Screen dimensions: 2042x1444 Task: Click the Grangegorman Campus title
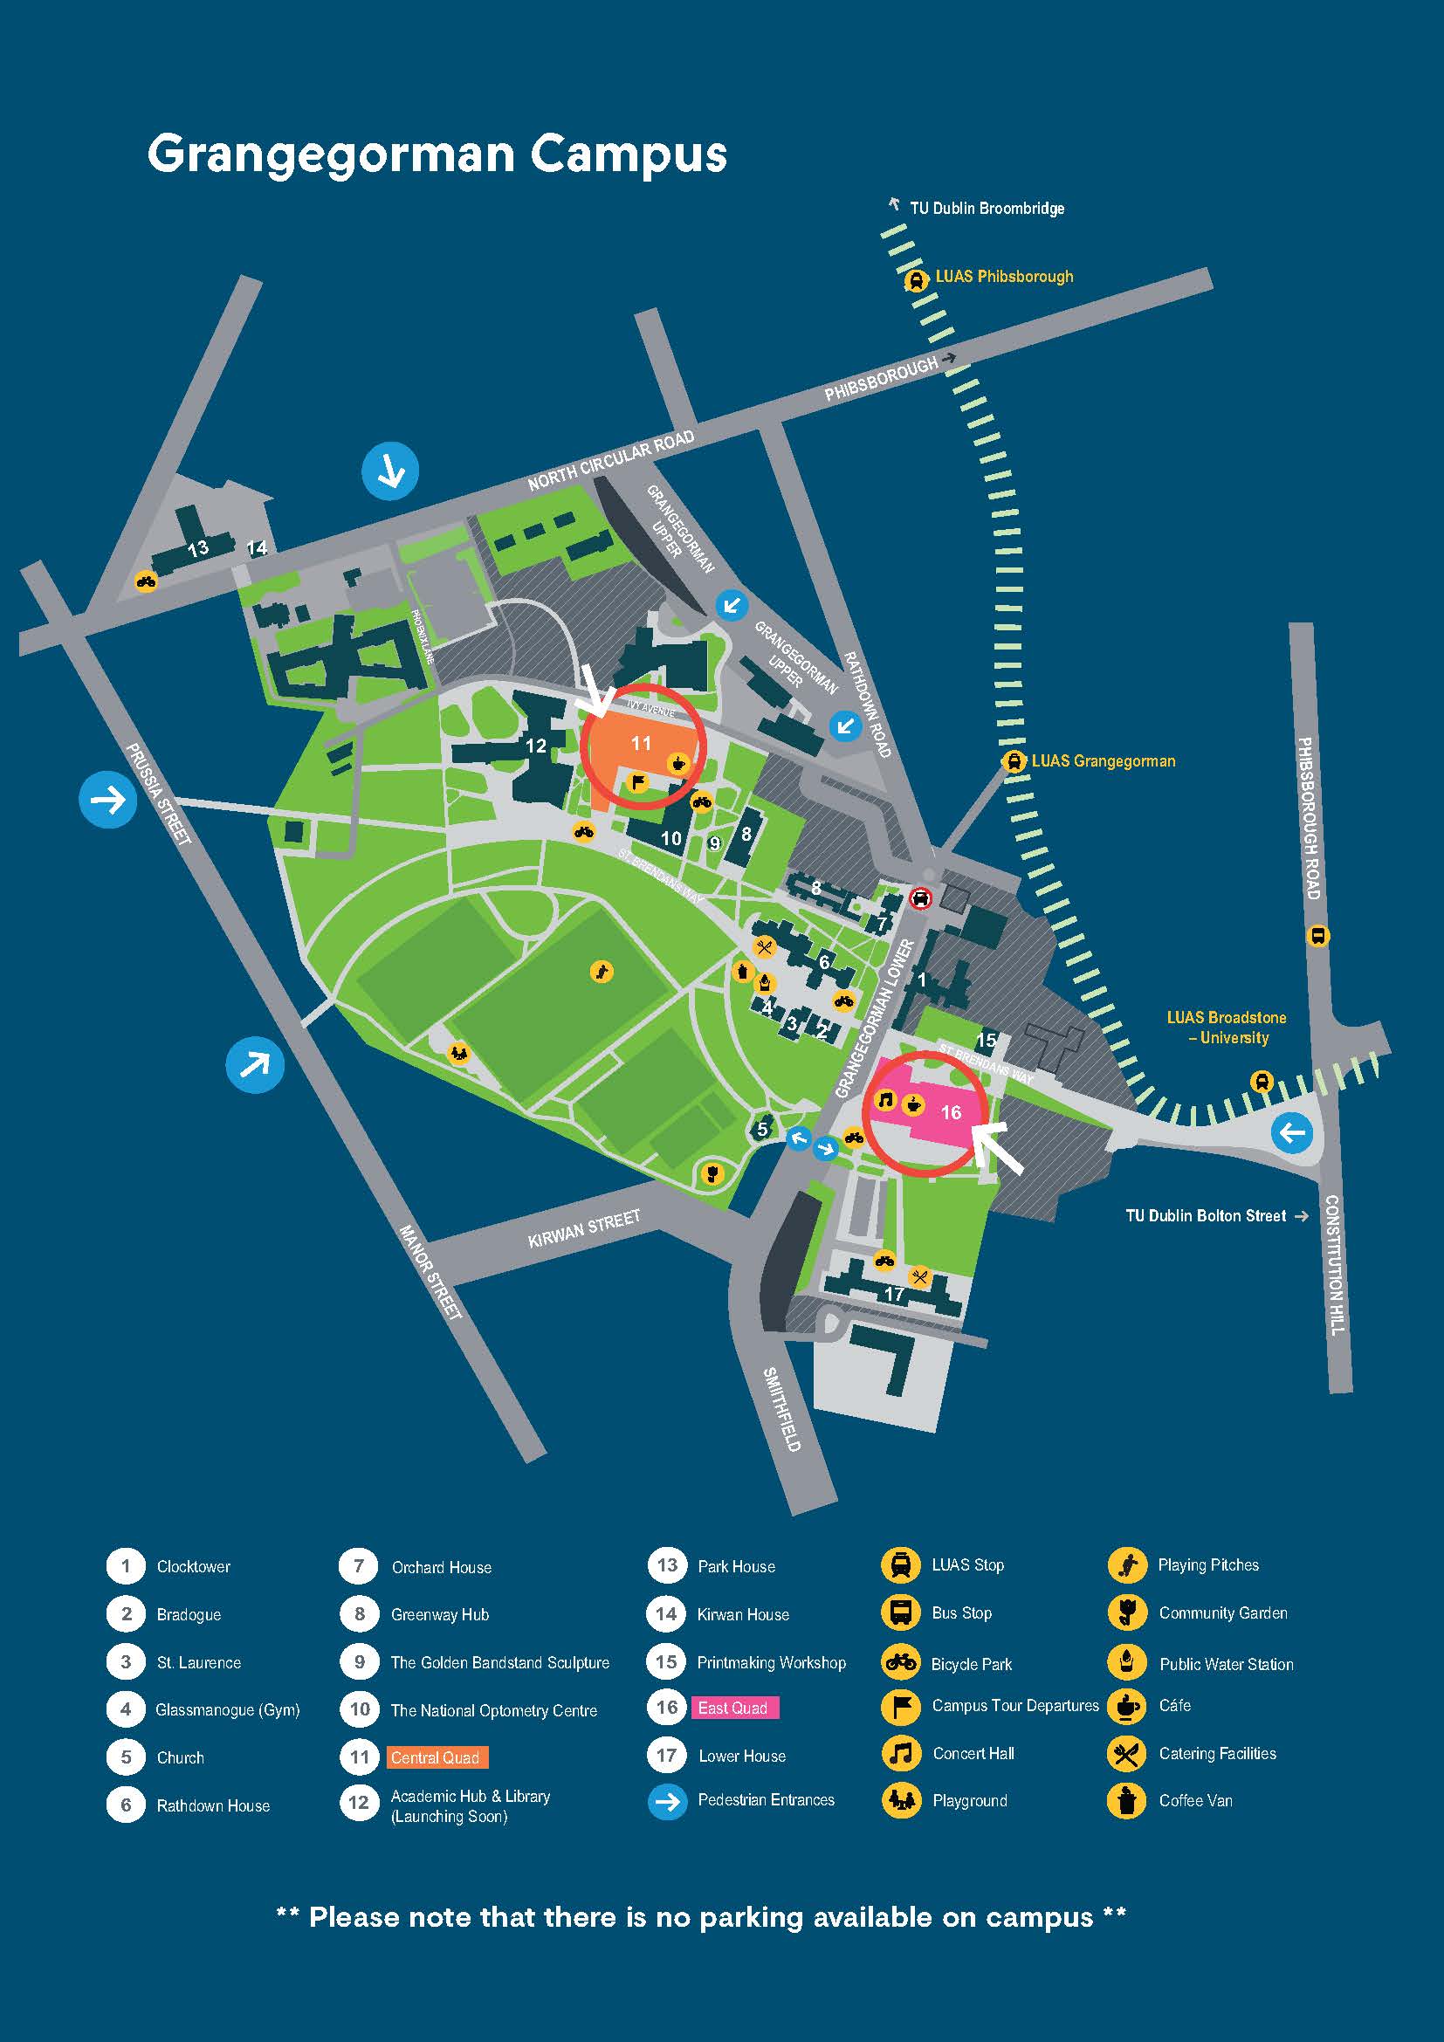click(437, 155)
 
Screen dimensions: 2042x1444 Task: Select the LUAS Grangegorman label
click(1103, 761)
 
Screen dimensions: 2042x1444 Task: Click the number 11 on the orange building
click(641, 743)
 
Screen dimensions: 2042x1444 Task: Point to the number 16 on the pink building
click(951, 1111)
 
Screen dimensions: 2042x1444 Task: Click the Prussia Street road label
click(159, 794)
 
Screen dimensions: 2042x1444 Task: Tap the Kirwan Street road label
click(583, 1229)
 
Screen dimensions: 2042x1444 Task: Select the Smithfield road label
click(782, 1409)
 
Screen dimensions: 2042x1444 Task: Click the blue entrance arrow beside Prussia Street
click(108, 801)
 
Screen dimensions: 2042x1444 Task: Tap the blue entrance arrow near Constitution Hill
click(1292, 1133)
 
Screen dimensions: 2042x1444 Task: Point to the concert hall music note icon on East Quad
click(885, 1100)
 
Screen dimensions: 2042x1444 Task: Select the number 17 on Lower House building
click(894, 1295)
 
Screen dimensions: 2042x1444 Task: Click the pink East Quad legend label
click(734, 1708)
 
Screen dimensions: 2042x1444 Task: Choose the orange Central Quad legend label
click(437, 1757)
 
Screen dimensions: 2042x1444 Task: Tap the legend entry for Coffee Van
click(1195, 1800)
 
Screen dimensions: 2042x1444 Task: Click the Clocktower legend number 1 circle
click(126, 1566)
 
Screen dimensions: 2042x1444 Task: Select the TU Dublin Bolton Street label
click(1206, 1216)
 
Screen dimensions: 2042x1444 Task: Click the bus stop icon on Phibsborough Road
click(1317, 936)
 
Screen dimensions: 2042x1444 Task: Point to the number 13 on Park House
click(197, 548)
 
